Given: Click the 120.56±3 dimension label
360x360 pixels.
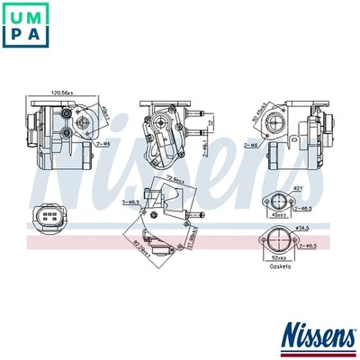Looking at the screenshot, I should click(x=61, y=93).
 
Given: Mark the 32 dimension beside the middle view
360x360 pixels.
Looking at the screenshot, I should click(x=209, y=123).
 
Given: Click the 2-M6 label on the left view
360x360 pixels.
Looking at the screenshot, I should click(x=102, y=142).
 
